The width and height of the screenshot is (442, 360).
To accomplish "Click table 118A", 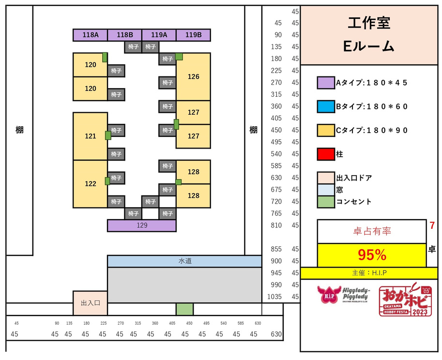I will pyautogui.click(x=90, y=35).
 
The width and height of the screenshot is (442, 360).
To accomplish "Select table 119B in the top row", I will pyautogui.click(x=193, y=35).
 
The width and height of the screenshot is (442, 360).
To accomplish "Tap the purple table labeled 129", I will pyautogui.click(x=141, y=225).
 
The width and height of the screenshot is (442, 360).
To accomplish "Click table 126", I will pyautogui.click(x=193, y=76).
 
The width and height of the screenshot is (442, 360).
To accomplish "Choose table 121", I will pyautogui.click(x=90, y=136).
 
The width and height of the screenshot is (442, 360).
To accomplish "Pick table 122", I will pyautogui.click(x=90, y=184).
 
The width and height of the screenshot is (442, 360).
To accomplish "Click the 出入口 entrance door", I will pyautogui.click(x=90, y=303).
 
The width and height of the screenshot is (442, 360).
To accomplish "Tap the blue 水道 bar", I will pyautogui.click(x=184, y=261).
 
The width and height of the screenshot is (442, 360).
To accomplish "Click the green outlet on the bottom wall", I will pyautogui.click(x=184, y=309).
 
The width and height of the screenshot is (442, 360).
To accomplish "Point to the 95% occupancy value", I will pyautogui.click(x=371, y=255).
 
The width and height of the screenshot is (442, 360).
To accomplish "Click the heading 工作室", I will pyautogui.click(x=369, y=22).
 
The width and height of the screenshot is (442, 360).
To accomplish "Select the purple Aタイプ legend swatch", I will pyautogui.click(x=326, y=83).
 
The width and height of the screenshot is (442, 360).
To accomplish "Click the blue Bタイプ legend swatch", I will pyautogui.click(x=326, y=106).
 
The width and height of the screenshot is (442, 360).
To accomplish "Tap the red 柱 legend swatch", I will pyautogui.click(x=326, y=154).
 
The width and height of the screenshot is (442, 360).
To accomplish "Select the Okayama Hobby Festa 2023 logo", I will pyautogui.click(x=404, y=300).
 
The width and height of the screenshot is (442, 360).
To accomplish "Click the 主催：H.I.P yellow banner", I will pyautogui.click(x=369, y=273).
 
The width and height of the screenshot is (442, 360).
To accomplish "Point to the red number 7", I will pyautogui.click(x=431, y=225).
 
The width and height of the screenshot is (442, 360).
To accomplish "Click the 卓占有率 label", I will pyautogui.click(x=371, y=231).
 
